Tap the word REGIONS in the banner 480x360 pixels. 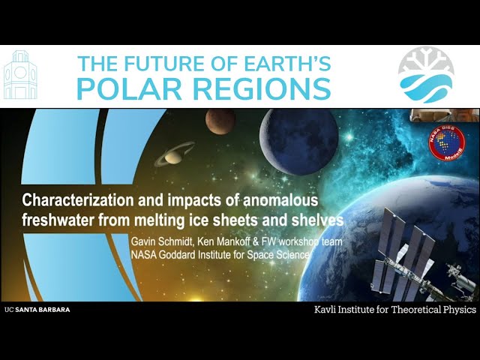click(x=257, y=88)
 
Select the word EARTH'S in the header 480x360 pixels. click(x=283, y=64)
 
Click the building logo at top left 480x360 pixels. click(x=20, y=76)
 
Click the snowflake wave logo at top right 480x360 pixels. click(x=426, y=74)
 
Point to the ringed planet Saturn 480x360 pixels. click(x=174, y=153)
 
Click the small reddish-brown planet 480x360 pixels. click(x=220, y=121)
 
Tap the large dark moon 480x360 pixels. click(x=298, y=140)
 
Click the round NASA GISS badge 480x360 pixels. click(x=446, y=141)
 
